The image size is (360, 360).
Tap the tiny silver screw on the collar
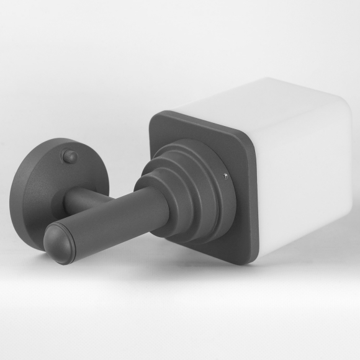click(x=225, y=176)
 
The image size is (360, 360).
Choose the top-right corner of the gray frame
click(x=248, y=138)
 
